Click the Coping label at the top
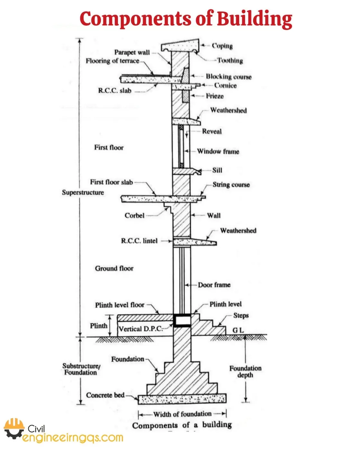(x=222, y=46)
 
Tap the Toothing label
(x=230, y=60)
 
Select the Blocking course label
(x=229, y=76)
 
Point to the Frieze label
(x=215, y=96)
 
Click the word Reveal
(x=212, y=131)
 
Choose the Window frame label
(x=218, y=151)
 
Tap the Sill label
(x=217, y=170)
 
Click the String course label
(x=231, y=184)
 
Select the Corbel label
(x=134, y=215)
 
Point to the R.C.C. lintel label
(x=139, y=241)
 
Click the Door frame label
(x=214, y=285)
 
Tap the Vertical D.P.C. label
(x=140, y=329)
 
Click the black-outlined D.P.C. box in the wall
(x=182, y=320)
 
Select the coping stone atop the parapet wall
(x=180, y=45)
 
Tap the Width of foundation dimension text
(x=182, y=414)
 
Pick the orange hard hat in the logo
(x=14, y=424)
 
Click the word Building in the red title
(x=254, y=19)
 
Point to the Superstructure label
(x=83, y=193)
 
